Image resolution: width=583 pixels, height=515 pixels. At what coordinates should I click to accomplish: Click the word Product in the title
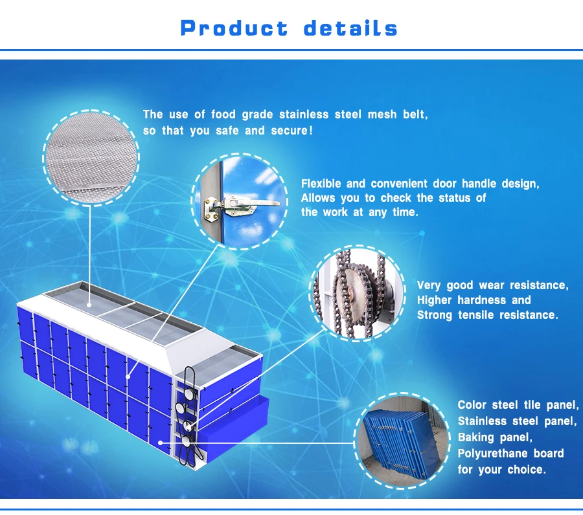(234, 28)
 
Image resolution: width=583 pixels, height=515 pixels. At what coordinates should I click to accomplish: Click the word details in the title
(350, 28)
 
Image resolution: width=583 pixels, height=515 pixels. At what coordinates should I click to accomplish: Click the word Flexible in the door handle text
(321, 184)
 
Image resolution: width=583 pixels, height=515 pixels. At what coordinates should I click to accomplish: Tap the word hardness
(483, 300)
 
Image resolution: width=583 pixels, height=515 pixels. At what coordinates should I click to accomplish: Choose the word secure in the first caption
(290, 131)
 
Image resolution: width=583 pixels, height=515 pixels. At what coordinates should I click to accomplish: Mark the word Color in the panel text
(472, 405)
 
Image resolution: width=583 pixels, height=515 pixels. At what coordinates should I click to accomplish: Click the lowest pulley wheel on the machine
(187, 441)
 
